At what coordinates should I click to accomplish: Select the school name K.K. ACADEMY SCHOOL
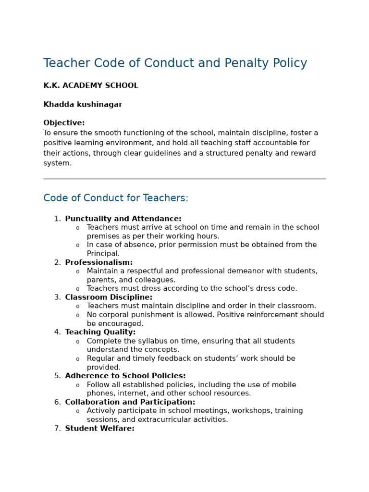pyautogui.click(x=91, y=86)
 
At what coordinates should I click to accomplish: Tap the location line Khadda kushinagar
pyautogui.click(x=83, y=105)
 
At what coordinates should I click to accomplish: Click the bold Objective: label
pyautogui.click(x=64, y=123)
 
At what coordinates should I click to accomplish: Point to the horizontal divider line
pyautogui.click(x=184, y=179)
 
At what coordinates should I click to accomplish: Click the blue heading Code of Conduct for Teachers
pyautogui.click(x=116, y=198)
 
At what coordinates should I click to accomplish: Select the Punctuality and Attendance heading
pyautogui.click(x=123, y=219)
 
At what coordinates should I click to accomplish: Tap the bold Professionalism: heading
pyautogui.click(x=98, y=263)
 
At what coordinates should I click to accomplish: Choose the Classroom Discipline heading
pyautogui.click(x=109, y=297)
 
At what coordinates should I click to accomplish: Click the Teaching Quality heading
pyautogui.click(x=100, y=332)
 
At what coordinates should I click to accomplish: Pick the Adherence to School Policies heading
pyautogui.click(x=125, y=376)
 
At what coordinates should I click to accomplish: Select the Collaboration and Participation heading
pyautogui.click(x=130, y=402)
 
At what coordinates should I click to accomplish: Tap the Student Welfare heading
pyautogui.click(x=99, y=429)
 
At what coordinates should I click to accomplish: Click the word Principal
pyautogui.click(x=103, y=254)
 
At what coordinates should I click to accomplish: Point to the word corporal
pyautogui.click(x=114, y=315)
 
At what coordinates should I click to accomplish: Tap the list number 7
pyautogui.click(x=57, y=429)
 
